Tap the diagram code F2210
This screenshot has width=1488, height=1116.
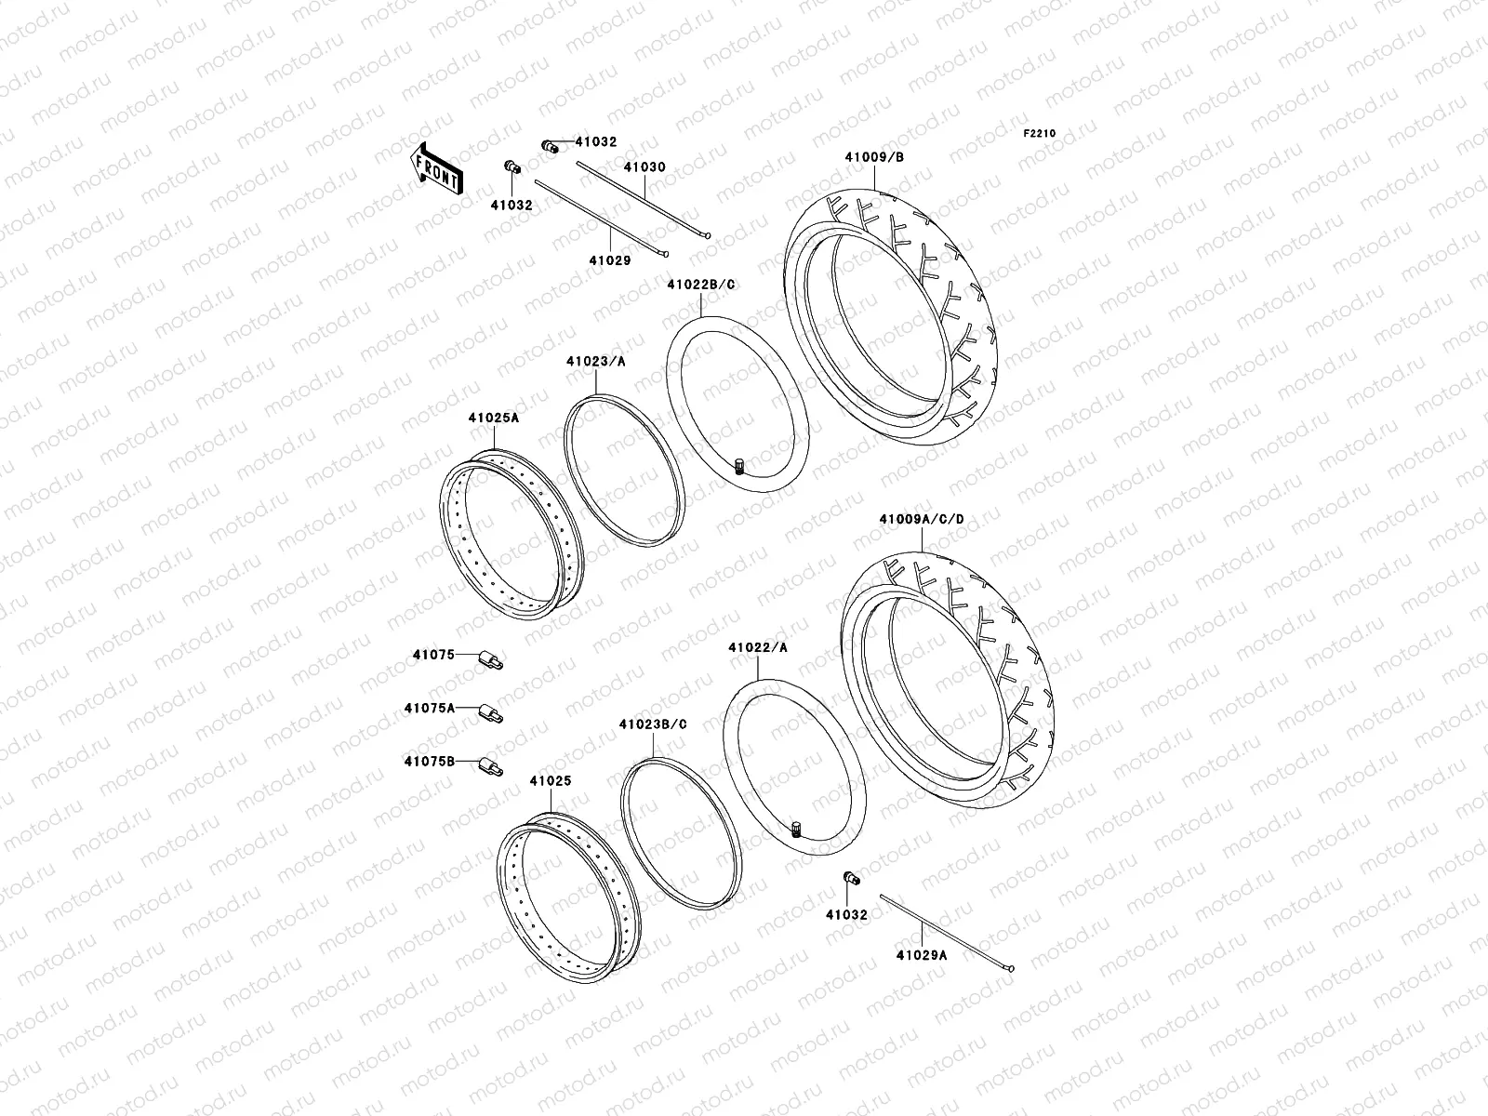tap(1041, 134)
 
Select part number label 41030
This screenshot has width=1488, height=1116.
tap(644, 167)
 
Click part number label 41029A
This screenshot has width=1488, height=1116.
tap(922, 954)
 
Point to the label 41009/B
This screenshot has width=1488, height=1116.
tap(874, 157)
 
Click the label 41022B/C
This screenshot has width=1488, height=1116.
tap(700, 284)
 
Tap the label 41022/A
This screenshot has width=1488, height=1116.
tap(758, 647)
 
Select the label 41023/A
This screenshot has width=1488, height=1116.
tap(595, 361)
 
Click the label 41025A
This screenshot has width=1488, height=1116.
tap(493, 418)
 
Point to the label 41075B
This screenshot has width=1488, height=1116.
tap(430, 762)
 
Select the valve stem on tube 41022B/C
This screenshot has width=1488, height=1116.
tap(740, 466)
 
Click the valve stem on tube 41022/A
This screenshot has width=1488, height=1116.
tap(796, 829)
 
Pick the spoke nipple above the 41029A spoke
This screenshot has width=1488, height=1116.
tap(850, 878)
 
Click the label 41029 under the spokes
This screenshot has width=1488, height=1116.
tap(609, 260)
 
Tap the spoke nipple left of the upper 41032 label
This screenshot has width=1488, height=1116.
tap(550, 146)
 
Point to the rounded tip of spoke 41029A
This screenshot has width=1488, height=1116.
tap(1009, 969)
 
